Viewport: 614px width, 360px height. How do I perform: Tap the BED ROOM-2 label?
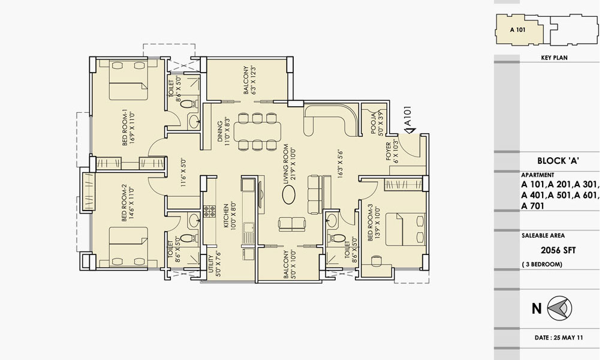125,203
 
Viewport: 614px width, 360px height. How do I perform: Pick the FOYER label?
388,151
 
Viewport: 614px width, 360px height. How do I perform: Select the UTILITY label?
211,266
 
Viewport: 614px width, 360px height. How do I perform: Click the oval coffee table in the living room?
290,194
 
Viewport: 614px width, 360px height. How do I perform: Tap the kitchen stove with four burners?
209,212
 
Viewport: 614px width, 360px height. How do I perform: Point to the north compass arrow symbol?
559,308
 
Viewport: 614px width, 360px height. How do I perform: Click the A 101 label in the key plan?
517,30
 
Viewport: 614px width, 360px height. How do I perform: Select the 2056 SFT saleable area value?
558,250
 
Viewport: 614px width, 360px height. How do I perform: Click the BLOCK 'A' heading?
558,161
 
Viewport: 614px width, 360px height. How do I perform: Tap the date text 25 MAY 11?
568,337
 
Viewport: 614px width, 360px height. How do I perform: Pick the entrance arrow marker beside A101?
410,130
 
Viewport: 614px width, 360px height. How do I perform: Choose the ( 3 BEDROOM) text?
542,265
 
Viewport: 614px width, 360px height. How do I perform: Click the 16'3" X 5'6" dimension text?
340,164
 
